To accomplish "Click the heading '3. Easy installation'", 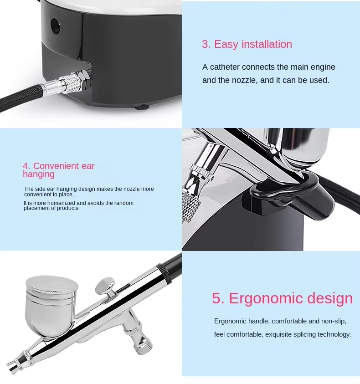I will coord(247,44).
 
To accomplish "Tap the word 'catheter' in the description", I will coord(225,67).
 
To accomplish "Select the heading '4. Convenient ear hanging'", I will coord(59,170).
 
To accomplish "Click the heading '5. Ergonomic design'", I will coord(282,298).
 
